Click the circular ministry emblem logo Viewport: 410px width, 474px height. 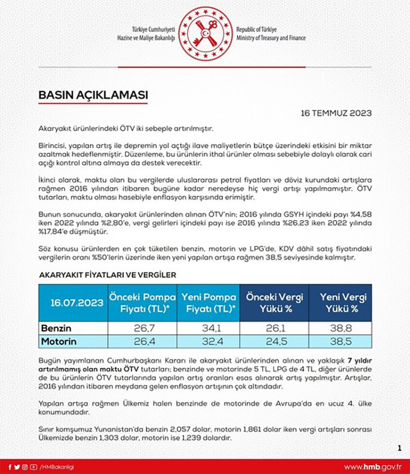[x=205, y=34]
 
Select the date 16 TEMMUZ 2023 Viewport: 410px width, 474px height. [x=336, y=113]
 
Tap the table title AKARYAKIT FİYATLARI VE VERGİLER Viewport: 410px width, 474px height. [x=107, y=275]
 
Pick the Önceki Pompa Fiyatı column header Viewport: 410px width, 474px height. [x=142, y=303]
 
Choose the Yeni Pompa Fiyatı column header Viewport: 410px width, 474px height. [x=208, y=303]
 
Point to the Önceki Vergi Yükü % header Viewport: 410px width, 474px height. [x=274, y=303]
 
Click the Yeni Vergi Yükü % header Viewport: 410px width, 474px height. [x=340, y=303]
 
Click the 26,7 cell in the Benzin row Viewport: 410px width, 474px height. [x=142, y=328]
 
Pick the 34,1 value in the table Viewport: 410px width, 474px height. [x=208, y=328]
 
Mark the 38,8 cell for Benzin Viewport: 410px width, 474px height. [x=340, y=328]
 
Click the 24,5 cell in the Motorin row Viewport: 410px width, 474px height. [x=274, y=341]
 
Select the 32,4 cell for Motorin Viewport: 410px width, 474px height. [x=208, y=341]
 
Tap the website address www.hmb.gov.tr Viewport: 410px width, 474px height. [x=372, y=467]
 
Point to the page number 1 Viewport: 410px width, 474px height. [x=399, y=448]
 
